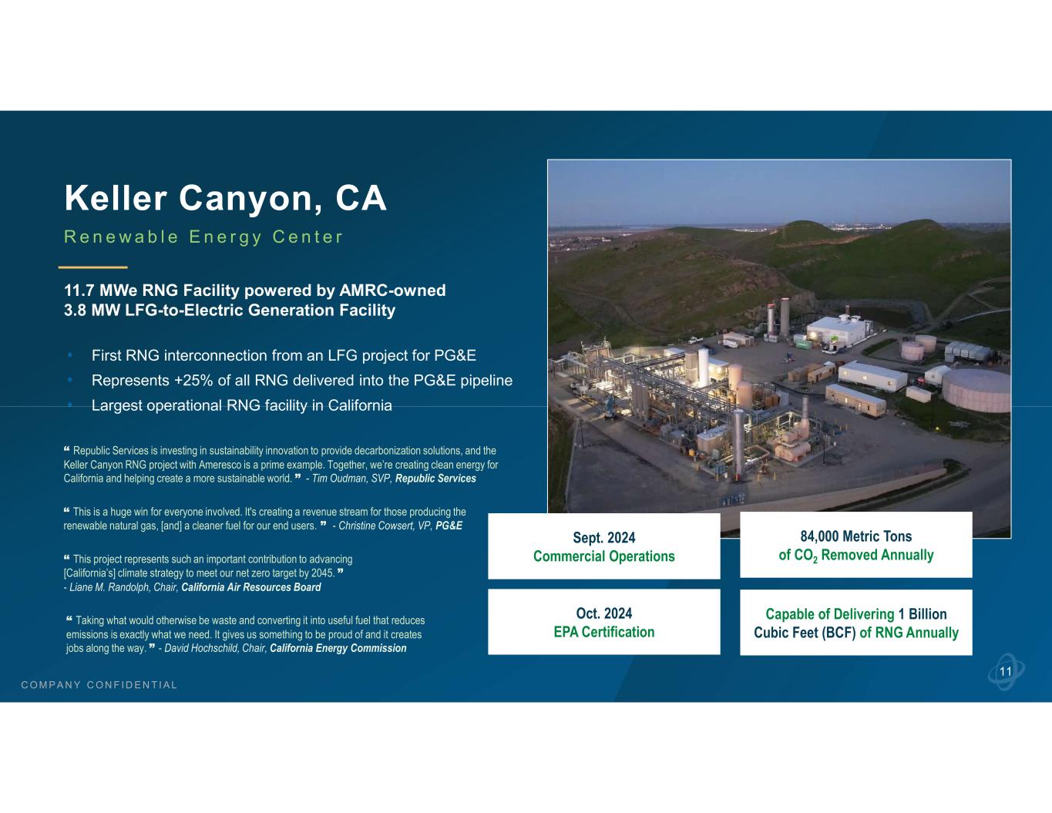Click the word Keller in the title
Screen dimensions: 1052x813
coord(116,197)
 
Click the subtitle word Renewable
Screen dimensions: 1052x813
coord(122,237)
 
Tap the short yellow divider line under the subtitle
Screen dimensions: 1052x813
coord(93,267)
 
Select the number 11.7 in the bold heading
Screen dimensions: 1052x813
coord(79,291)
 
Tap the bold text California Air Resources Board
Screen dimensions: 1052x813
coord(251,587)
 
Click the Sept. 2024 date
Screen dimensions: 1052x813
coord(604,538)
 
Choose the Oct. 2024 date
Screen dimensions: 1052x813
coord(604,613)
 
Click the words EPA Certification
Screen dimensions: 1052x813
coord(604,632)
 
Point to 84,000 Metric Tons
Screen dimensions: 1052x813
coord(856,536)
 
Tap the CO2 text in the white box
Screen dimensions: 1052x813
coord(808,556)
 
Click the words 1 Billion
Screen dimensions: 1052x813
coord(923,614)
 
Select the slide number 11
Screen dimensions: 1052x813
coord(1006,672)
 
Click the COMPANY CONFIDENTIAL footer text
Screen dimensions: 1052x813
coord(99,685)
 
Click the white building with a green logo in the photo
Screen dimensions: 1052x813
coord(837,332)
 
